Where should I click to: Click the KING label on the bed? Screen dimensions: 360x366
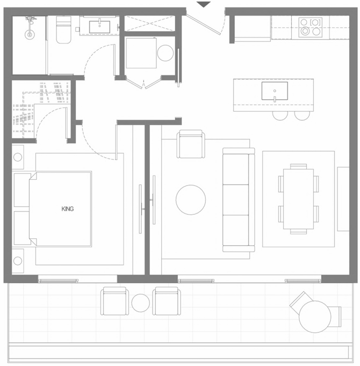(68, 209)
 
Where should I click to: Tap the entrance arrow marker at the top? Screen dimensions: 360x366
(204, 4)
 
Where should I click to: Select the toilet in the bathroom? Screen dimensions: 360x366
(63, 30)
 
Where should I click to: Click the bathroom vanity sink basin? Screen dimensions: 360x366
(99, 27)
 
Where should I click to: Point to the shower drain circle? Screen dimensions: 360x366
(30, 34)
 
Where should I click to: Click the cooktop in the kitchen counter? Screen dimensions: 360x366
(310, 27)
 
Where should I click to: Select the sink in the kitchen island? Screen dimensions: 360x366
(275, 91)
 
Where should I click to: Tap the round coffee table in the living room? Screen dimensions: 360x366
(191, 200)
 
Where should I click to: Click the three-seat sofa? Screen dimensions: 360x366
(239, 200)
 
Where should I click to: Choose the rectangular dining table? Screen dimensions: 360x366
(298, 199)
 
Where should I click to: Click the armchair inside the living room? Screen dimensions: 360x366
(191, 144)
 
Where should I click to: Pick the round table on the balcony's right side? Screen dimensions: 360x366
(315, 317)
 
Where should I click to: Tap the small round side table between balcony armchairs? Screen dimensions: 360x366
(140, 303)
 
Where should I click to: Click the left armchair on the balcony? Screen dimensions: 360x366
(114, 301)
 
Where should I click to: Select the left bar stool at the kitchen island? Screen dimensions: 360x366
(280, 115)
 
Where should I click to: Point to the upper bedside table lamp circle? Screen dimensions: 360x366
(18, 157)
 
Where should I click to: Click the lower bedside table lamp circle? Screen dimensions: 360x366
(18, 261)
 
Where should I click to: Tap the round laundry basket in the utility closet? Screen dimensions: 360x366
(165, 53)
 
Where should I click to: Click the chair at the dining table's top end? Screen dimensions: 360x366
(299, 166)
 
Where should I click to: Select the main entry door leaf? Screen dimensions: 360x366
(204, 24)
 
